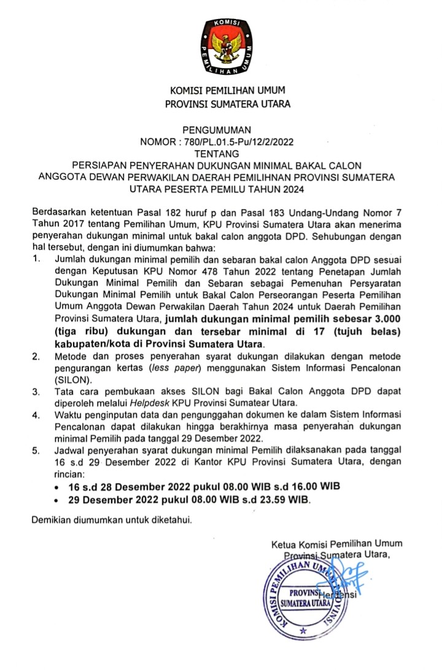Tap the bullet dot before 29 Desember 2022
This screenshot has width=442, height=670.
tap(57, 500)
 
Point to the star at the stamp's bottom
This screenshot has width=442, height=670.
tap(303, 630)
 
